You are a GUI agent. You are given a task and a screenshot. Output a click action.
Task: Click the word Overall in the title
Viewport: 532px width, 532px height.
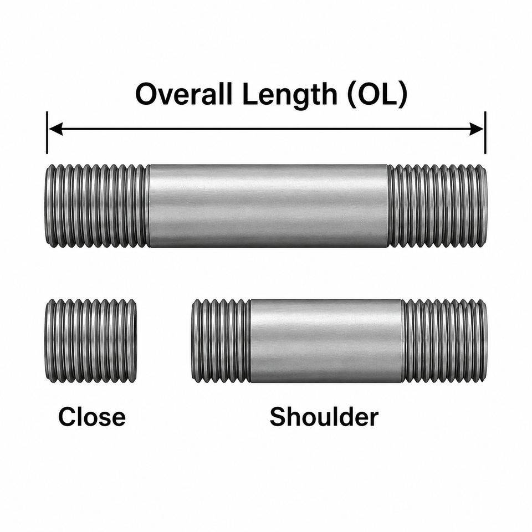[x=184, y=94]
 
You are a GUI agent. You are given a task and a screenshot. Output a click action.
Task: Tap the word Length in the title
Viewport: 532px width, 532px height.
[x=289, y=96]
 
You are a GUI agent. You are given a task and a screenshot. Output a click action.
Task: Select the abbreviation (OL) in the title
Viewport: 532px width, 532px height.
[x=377, y=95]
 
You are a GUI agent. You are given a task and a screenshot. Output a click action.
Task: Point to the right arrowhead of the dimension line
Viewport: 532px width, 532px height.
[x=477, y=129]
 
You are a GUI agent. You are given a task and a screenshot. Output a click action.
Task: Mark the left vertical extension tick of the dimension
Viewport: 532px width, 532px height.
[x=47, y=132]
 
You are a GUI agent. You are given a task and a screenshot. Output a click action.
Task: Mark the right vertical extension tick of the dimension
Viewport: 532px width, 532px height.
[x=485, y=132]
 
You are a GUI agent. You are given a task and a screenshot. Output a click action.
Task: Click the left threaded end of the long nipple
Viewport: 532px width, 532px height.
[x=97, y=206]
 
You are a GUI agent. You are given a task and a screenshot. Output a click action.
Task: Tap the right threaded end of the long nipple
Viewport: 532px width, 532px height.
[x=438, y=206]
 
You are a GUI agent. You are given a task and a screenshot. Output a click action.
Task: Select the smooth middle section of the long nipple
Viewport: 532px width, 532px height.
[x=269, y=206]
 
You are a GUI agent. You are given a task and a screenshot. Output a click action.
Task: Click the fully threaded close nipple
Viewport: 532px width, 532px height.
[x=91, y=341]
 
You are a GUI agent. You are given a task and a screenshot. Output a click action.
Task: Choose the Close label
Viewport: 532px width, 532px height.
[x=91, y=417]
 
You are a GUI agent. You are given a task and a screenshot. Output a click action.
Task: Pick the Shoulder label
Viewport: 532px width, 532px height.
[x=324, y=417]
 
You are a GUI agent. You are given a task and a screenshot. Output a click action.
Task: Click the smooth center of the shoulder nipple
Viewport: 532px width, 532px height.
[x=326, y=341]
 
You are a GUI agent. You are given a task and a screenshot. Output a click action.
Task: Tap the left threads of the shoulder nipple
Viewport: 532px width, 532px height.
[x=221, y=341]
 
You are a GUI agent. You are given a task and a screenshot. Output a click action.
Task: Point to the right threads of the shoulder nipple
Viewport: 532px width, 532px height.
[x=445, y=341]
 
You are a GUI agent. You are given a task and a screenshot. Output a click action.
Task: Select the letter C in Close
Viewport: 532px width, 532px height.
[x=67, y=417]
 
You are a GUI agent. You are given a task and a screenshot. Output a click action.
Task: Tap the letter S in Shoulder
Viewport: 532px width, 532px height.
[x=278, y=417]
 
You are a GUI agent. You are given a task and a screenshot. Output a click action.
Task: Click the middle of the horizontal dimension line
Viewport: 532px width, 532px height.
[x=267, y=129]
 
